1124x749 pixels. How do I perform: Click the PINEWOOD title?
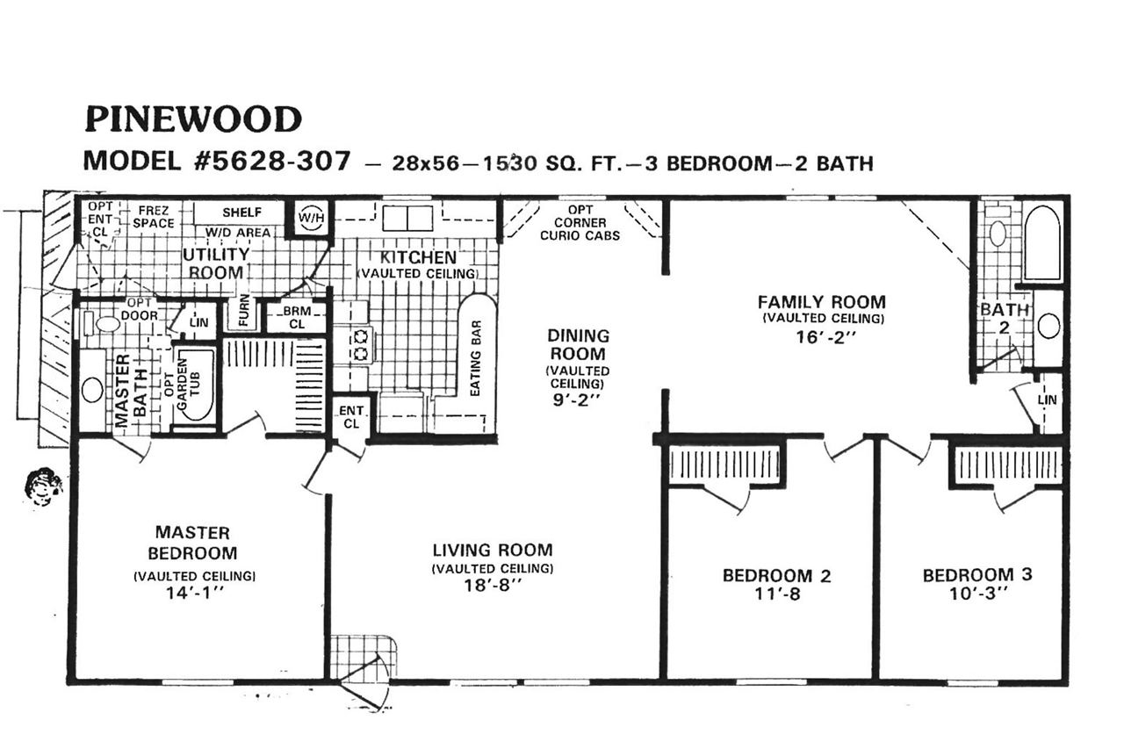coord(192,118)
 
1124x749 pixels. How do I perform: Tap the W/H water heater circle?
coord(309,218)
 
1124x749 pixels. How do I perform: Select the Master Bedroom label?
coord(192,543)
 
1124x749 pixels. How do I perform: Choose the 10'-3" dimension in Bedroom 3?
coord(976,593)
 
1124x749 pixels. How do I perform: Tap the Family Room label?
coord(822,302)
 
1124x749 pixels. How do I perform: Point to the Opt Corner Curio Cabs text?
coord(580,223)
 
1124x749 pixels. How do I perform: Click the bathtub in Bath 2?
coord(1042,243)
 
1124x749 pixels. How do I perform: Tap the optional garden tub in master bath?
coord(193,387)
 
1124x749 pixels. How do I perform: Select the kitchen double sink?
coord(407,218)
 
